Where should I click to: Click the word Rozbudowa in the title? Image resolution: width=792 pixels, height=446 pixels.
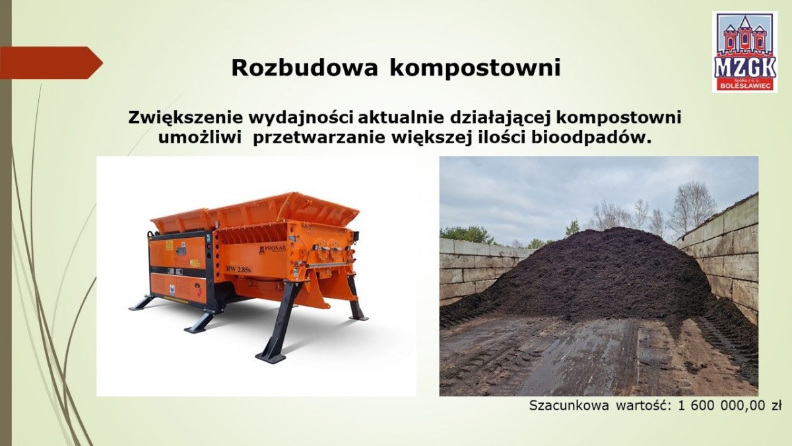click(304, 67)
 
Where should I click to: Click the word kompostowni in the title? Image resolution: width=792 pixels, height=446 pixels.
click(475, 69)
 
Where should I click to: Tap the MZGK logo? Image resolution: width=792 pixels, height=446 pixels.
click(744, 52)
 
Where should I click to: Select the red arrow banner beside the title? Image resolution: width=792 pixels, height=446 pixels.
click(51, 63)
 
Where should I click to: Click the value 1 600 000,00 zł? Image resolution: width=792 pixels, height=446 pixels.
click(729, 406)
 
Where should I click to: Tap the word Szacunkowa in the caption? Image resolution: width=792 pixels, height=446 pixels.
click(568, 406)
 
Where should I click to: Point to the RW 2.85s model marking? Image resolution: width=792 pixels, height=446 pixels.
click(239, 270)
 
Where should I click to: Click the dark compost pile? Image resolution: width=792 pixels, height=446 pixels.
click(601, 276)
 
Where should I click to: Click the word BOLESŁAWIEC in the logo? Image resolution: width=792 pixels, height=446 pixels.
click(744, 86)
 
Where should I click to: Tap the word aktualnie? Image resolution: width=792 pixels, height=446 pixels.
click(402, 118)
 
